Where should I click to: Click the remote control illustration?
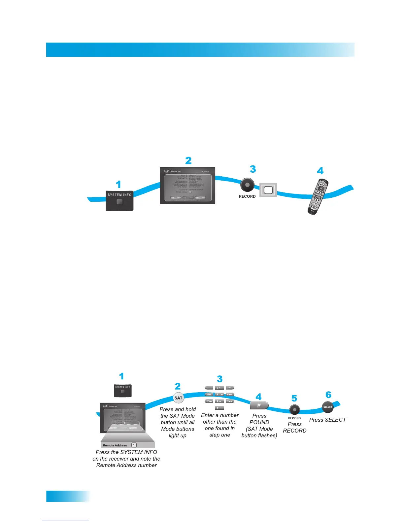[x=318, y=197]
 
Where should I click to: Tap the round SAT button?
[x=178, y=398]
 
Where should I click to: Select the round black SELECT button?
[x=328, y=407]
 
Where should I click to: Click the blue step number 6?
[x=328, y=395]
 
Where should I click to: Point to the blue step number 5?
[x=294, y=399]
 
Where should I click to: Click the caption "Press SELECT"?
[x=327, y=420]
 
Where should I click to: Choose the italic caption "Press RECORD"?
[x=294, y=427]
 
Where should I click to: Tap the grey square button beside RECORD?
[x=268, y=190]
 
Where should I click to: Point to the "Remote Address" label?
[x=115, y=445]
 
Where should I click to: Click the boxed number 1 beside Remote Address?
[x=134, y=445]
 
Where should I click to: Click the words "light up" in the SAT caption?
[x=178, y=436]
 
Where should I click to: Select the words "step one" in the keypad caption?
[x=219, y=435]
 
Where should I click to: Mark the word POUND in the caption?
[x=259, y=422]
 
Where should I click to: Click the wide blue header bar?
[x=200, y=50]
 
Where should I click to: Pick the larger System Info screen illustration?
[x=187, y=185]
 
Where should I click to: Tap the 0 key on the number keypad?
[x=219, y=408]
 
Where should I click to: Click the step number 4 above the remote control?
[x=320, y=171]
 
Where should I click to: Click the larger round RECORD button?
[x=247, y=185]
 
